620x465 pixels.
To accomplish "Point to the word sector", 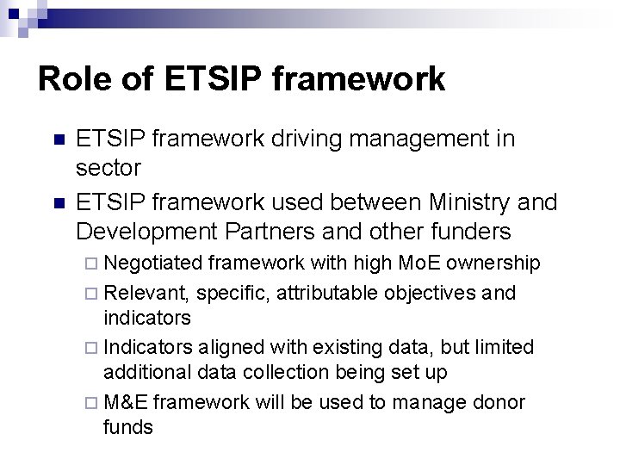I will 107,165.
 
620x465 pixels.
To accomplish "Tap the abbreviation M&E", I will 125,401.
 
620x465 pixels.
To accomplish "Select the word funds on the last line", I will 127,427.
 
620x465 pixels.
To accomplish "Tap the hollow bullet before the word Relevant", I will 93,294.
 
